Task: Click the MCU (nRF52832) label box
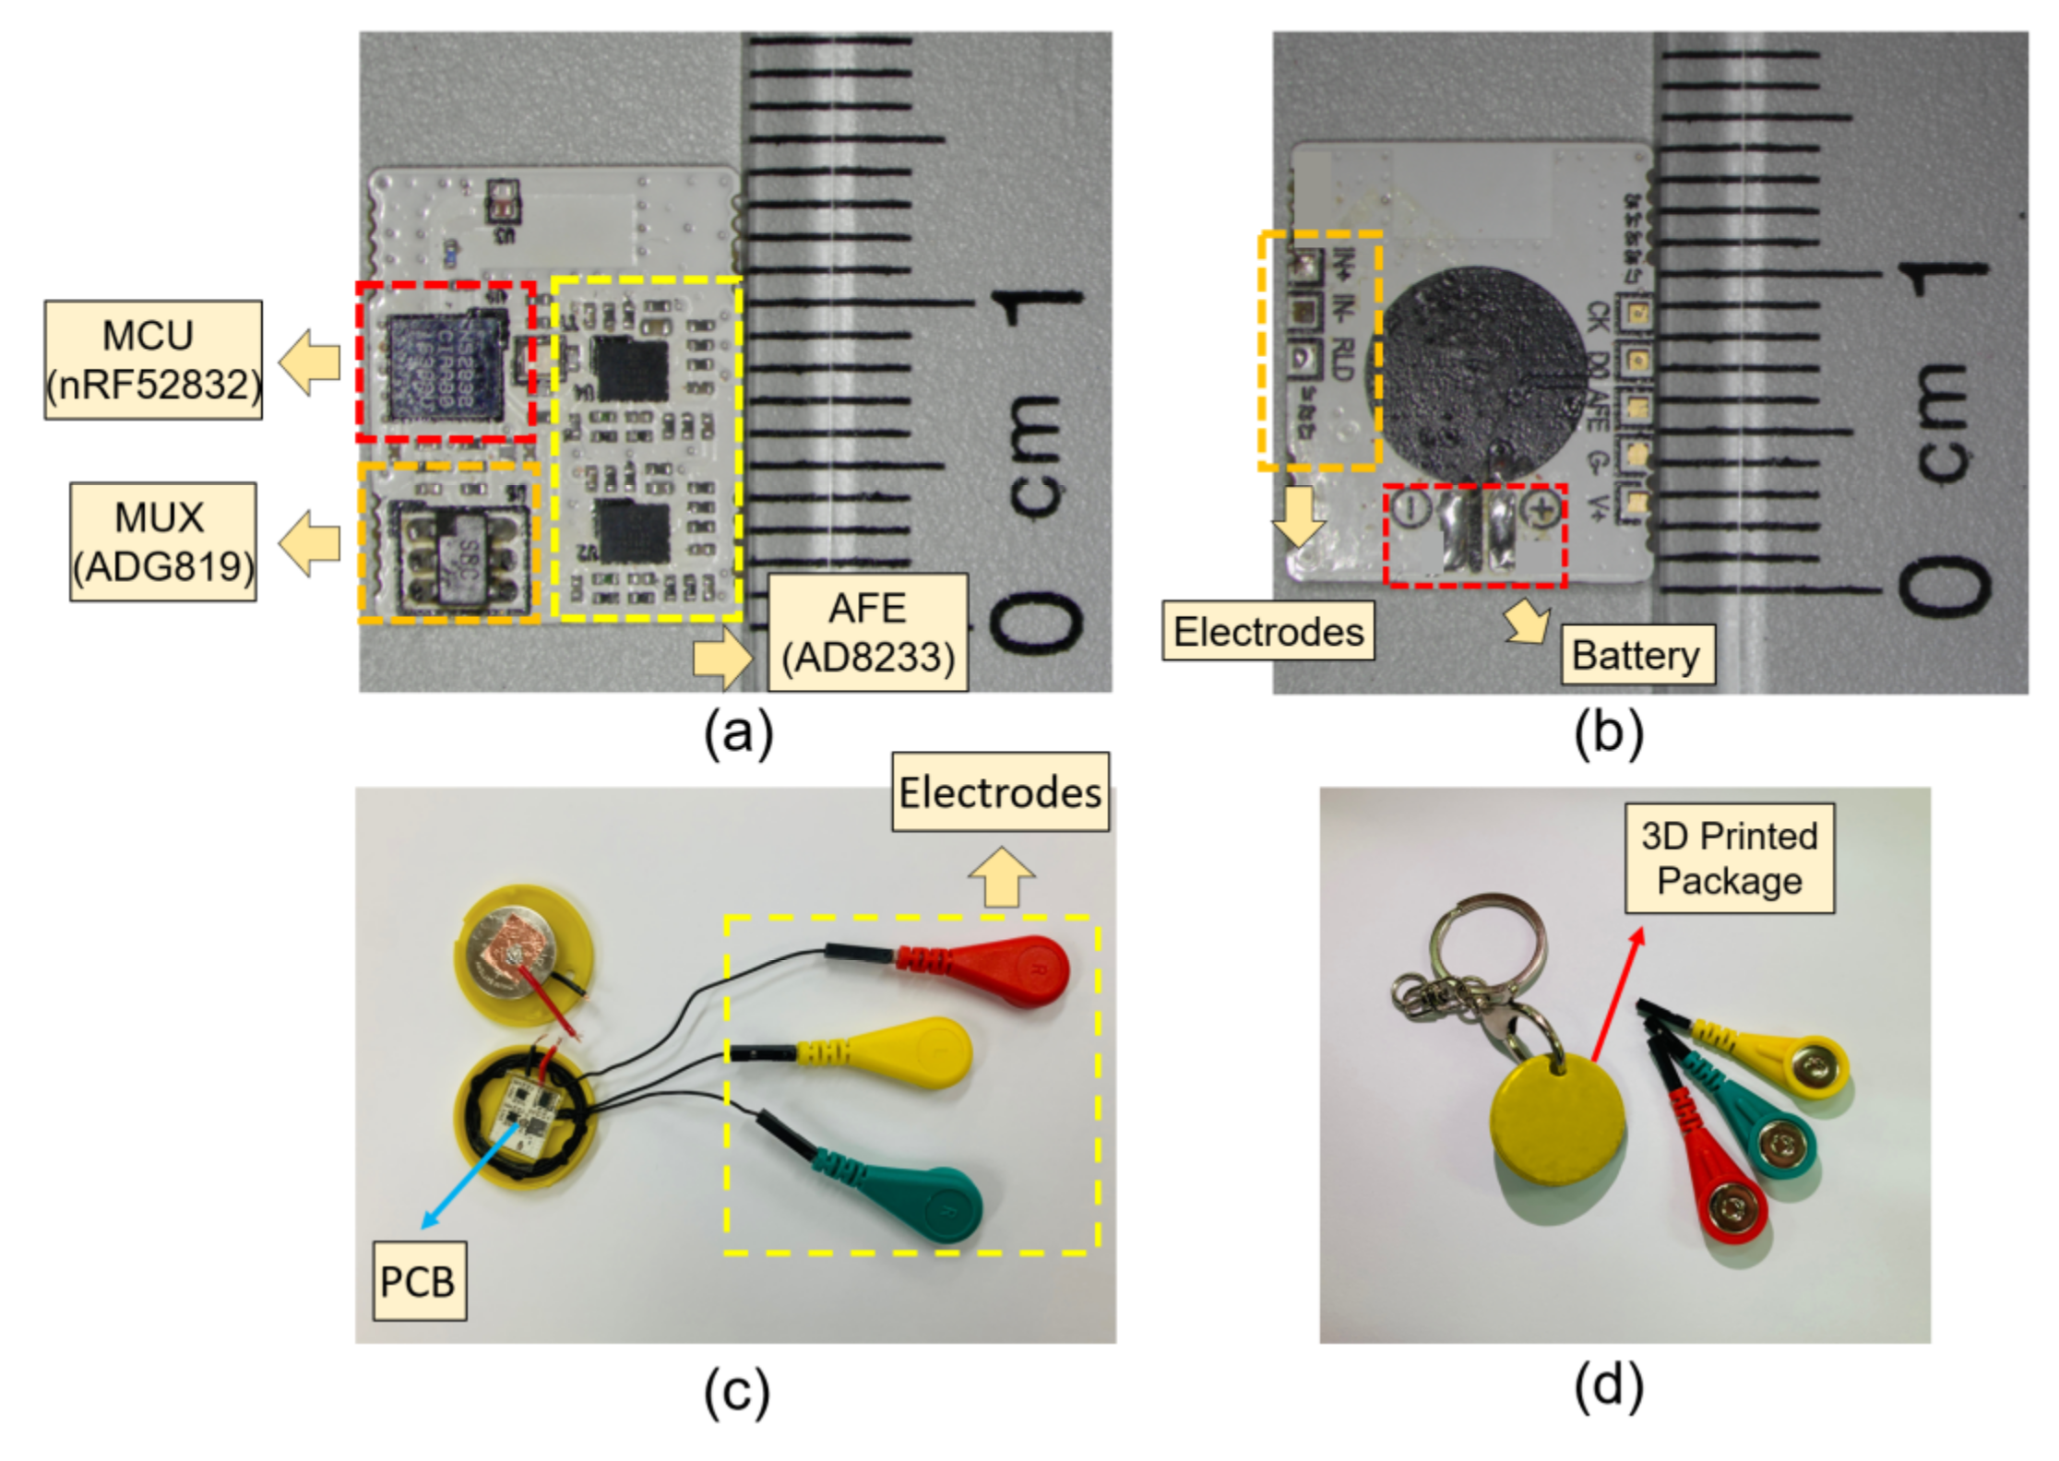(153, 360)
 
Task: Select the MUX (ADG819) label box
(163, 541)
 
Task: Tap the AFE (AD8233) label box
(868, 633)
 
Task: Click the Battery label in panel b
(1636, 655)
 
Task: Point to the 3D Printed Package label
(1729, 858)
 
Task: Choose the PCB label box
(418, 1281)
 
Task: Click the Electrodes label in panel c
(1000, 792)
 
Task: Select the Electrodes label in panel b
(1268, 631)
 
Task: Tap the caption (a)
(738, 735)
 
